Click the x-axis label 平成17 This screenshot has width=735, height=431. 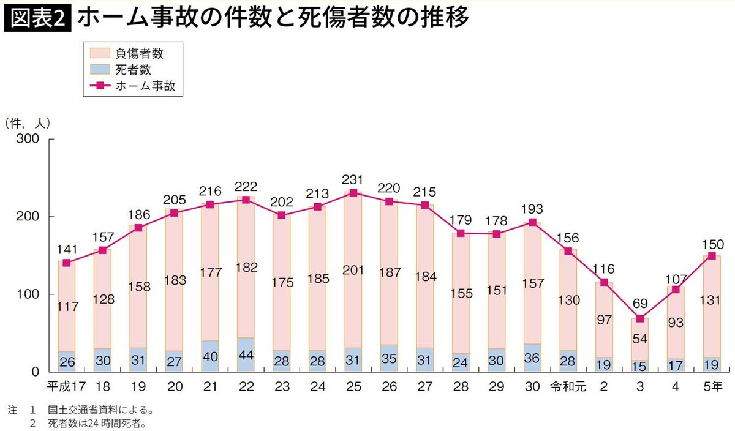coord(66,387)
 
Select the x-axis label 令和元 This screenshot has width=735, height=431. coord(568,387)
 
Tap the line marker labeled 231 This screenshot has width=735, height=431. coord(353,193)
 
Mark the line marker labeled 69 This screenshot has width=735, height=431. coord(640,318)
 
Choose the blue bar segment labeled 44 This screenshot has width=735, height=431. coord(246,355)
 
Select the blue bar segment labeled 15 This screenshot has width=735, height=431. coord(640,366)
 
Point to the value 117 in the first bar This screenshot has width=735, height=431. coord(67,307)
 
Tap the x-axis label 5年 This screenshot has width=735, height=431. coord(712,387)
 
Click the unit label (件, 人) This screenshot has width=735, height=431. coord(28,123)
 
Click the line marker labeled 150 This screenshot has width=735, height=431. coord(712,256)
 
